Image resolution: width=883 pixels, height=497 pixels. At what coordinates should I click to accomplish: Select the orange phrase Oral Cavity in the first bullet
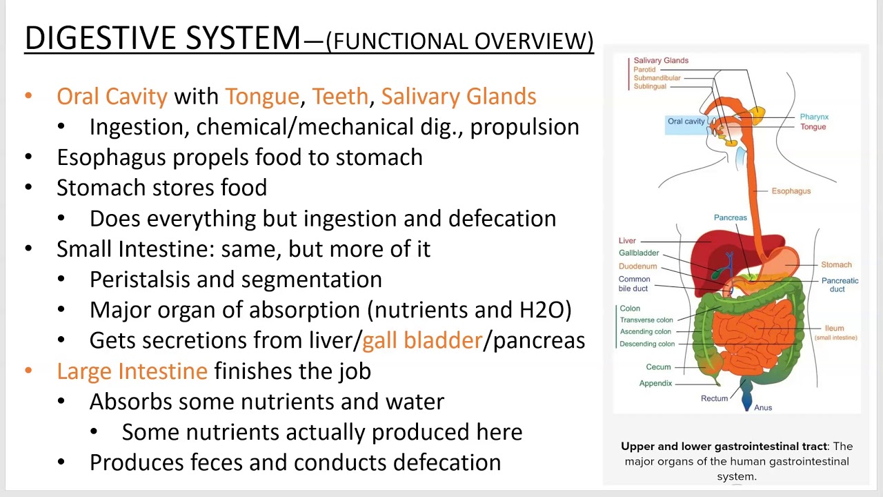[x=112, y=97]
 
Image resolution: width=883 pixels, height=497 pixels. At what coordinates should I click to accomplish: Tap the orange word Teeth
[x=340, y=97]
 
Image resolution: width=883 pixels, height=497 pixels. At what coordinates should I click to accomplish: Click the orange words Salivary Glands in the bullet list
[x=458, y=97]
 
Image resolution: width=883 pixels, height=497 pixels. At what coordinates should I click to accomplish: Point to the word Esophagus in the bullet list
[x=112, y=157]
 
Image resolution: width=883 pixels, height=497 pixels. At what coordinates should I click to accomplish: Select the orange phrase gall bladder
[x=421, y=340]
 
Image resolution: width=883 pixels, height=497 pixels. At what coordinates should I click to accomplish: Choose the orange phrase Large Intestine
[x=132, y=371]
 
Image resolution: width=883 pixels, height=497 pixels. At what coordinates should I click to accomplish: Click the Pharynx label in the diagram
[x=814, y=117]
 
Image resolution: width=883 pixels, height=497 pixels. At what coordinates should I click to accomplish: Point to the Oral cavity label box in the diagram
[x=686, y=121]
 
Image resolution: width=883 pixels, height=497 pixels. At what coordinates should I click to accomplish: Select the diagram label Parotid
[x=644, y=70]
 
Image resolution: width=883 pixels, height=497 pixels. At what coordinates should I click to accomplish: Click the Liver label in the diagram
[x=627, y=241]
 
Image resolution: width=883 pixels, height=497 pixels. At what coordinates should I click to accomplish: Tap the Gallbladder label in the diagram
[x=639, y=253]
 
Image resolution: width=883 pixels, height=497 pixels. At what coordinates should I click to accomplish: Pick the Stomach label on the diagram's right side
[x=836, y=265]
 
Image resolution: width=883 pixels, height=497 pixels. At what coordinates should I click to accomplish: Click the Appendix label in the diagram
[x=655, y=383]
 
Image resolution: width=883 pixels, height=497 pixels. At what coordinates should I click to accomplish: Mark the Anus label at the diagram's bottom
[x=763, y=408]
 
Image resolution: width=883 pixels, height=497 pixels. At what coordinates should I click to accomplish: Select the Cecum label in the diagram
[x=658, y=367]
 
